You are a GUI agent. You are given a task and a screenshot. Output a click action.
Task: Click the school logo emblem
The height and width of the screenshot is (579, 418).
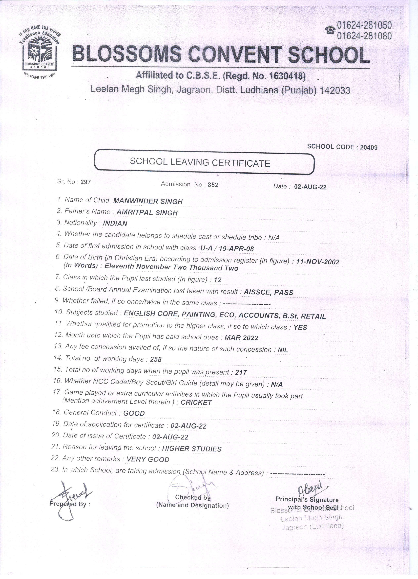(39, 54)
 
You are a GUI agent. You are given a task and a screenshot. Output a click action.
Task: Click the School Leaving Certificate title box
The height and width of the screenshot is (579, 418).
(204, 162)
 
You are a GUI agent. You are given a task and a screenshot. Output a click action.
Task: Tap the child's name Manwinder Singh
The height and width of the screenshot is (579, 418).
(148, 201)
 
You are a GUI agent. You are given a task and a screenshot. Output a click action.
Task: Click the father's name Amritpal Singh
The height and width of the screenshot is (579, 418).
(147, 213)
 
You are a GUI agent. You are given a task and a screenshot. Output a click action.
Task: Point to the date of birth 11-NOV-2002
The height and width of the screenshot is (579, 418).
(317, 262)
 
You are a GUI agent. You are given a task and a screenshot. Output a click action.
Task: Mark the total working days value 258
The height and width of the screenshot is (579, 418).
(156, 359)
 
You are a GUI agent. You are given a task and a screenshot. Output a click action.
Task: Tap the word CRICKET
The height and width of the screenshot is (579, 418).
(196, 403)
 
